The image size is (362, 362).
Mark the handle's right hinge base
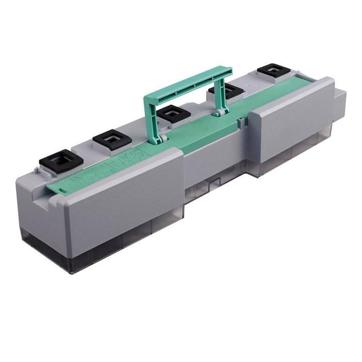tap(219, 112)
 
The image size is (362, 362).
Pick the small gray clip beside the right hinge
tap(241, 122)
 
